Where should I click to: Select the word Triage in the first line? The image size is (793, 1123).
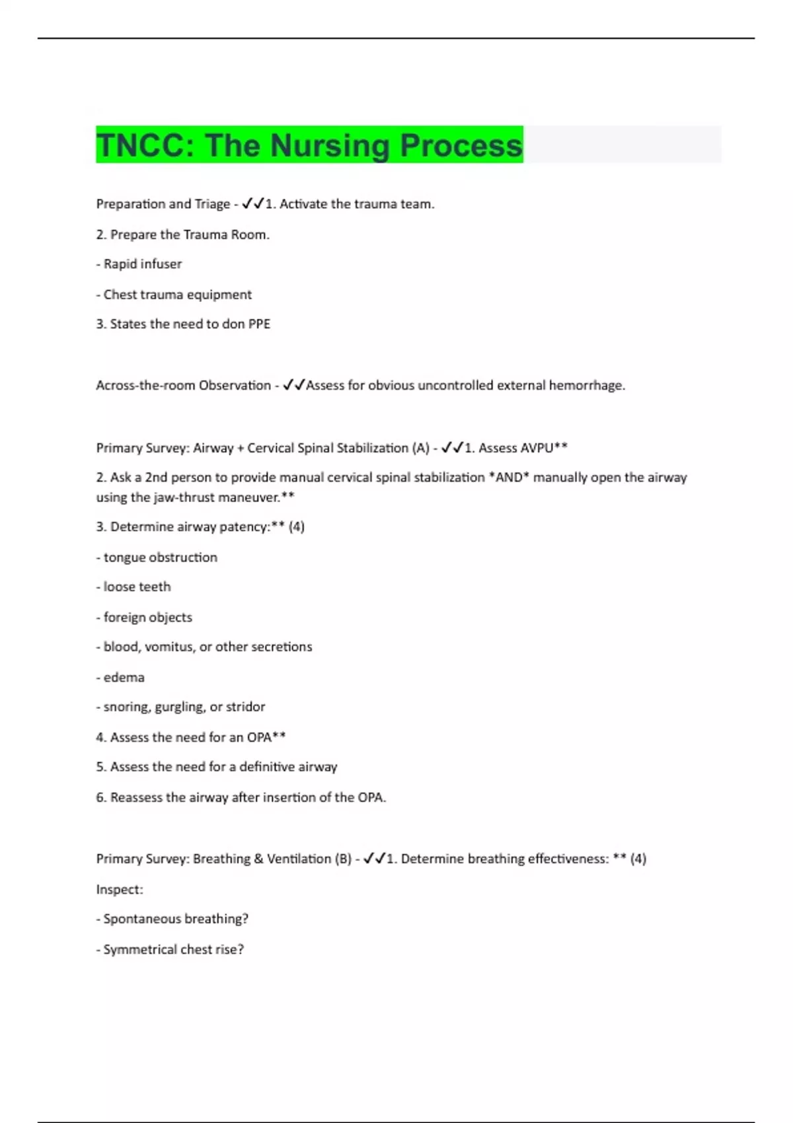pyautogui.click(x=212, y=204)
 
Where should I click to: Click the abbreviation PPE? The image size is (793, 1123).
pyautogui.click(x=259, y=324)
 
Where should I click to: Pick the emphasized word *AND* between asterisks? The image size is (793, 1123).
pyautogui.click(x=509, y=478)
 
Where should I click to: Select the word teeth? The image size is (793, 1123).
pyautogui.click(x=155, y=587)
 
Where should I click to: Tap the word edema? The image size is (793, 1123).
pyautogui.click(x=124, y=678)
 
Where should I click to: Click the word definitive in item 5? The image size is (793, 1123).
pyautogui.click(x=267, y=767)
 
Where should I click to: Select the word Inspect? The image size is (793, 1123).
pyautogui.click(x=118, y=890)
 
